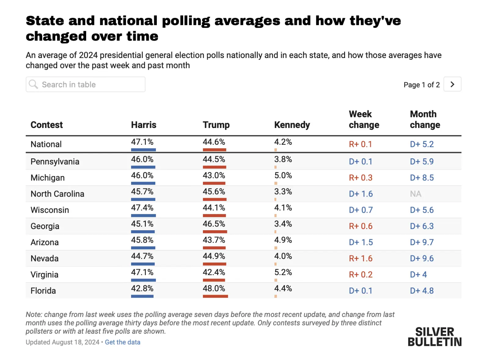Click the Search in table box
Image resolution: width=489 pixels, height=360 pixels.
pos(86,85)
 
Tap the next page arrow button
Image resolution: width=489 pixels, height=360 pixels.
pos(452,84)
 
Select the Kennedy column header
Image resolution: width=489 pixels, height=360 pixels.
pos(292,125)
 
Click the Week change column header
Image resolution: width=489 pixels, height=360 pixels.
pos(364,119)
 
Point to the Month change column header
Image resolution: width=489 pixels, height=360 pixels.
pos(425,119)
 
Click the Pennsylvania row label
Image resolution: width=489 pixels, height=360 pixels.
pos(55,162)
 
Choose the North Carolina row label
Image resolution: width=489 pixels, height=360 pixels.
pos(57,194)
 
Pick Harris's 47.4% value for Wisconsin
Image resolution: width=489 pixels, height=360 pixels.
pos(142,208)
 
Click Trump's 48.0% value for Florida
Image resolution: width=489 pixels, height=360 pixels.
pos(214,289)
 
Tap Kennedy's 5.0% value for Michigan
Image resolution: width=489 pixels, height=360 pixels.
pos(283,176)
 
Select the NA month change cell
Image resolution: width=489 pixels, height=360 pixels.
pos(416,194)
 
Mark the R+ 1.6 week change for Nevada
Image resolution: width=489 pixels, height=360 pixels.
pos(361,258)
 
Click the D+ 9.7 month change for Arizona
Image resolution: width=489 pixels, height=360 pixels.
pos(422,242)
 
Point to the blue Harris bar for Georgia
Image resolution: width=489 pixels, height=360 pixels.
pos(143,232)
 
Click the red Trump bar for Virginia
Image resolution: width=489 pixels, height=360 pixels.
pos(214,280)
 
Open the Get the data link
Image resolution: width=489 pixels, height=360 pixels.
pos(123,342)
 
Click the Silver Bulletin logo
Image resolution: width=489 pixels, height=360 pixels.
pos(435,337)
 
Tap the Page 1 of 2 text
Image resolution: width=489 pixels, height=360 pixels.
pos(421,85)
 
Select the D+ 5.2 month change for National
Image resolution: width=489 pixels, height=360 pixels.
pos(422,144)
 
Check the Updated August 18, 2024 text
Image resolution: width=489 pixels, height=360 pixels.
pos(62,342)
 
